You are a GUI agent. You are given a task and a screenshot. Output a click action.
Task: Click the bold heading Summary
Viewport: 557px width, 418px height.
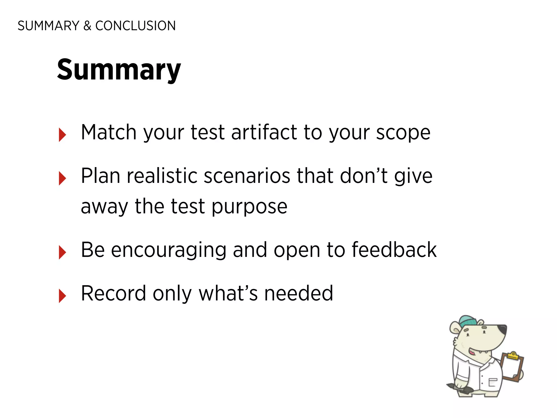(x=119, y=70)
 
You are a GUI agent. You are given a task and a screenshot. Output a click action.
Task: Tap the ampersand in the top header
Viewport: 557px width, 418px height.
(x=87, y=26)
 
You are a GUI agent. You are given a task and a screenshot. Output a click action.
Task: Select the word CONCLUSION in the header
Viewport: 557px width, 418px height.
(x=135, y=26)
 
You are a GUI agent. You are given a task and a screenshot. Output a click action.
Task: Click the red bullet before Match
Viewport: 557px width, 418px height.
(x=62, y=135)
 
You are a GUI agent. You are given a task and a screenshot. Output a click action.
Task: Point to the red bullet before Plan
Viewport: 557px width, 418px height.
(x=62, y=178)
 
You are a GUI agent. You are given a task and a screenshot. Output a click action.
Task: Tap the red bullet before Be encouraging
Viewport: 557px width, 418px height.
(x=62, y=252)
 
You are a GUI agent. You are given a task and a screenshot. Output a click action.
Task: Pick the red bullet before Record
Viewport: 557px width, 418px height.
(x=62, y=296)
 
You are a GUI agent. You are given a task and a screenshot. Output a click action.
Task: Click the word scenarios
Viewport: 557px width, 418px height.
(x=247, y=176)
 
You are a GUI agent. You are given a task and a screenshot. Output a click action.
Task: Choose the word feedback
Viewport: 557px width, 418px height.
(x=394, y=250)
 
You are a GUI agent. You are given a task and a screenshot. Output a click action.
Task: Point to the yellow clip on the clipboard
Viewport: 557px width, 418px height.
(x=513, y=355)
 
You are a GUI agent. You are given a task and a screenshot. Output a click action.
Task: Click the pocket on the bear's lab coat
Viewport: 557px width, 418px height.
(x=493, y=382)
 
